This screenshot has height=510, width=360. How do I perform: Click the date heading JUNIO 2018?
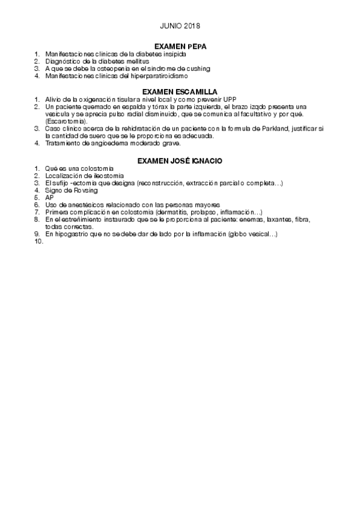(180, 26)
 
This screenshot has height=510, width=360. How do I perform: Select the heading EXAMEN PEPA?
(180, 46)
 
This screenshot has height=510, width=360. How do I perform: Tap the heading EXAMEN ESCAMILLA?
(180, 91)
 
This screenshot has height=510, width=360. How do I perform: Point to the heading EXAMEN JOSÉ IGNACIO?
(180, 161)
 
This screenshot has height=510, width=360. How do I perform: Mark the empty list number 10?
(39, 241)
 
